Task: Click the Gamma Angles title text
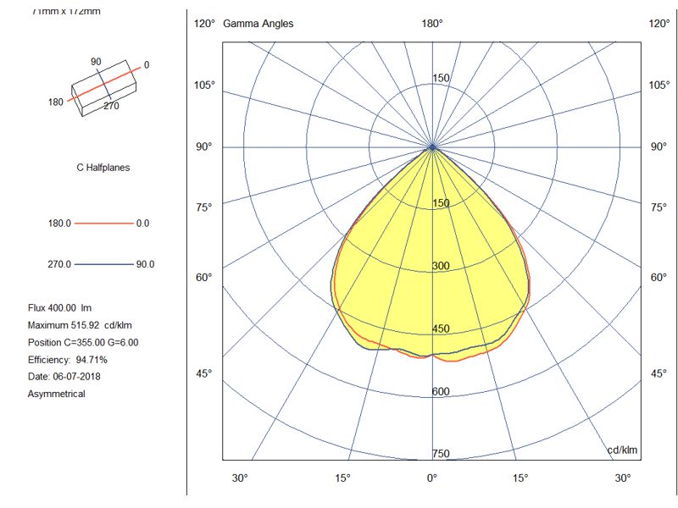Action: (x=258, y=24)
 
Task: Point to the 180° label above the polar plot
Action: (x=432, y=24)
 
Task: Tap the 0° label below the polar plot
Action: (x=431, y=478)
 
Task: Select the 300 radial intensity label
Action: (x=441, y=267)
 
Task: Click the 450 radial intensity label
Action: (x=441, y=329)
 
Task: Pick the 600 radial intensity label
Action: (x=441, y=392)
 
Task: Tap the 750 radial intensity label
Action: (x=441, y=455)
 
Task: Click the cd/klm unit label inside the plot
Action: (x=622, y=450)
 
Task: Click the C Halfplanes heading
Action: (x=103, y=168)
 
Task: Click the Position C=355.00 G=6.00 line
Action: (x=83, y=342)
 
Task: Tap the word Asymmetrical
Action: (x=57, y=394)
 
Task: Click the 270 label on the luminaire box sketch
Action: (x=111, y=107)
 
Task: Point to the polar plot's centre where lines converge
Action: (x=432, y=147)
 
